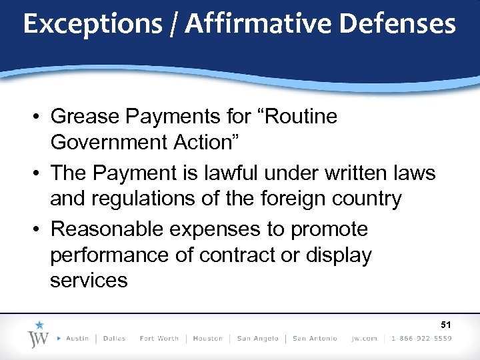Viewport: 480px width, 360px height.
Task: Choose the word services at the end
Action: click(x=89, y=280)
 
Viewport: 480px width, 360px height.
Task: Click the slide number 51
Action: click(x=446, y=325)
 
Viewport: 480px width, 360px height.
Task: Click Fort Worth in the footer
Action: click(x=159, y=339)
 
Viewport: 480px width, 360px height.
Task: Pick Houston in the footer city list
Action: click(x=207, y=339)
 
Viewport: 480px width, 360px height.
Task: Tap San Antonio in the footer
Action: click(x=315, y=339)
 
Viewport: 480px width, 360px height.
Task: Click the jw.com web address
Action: click(x=365, y=339)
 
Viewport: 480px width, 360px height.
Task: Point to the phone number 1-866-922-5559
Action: click(x=422, y=339)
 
